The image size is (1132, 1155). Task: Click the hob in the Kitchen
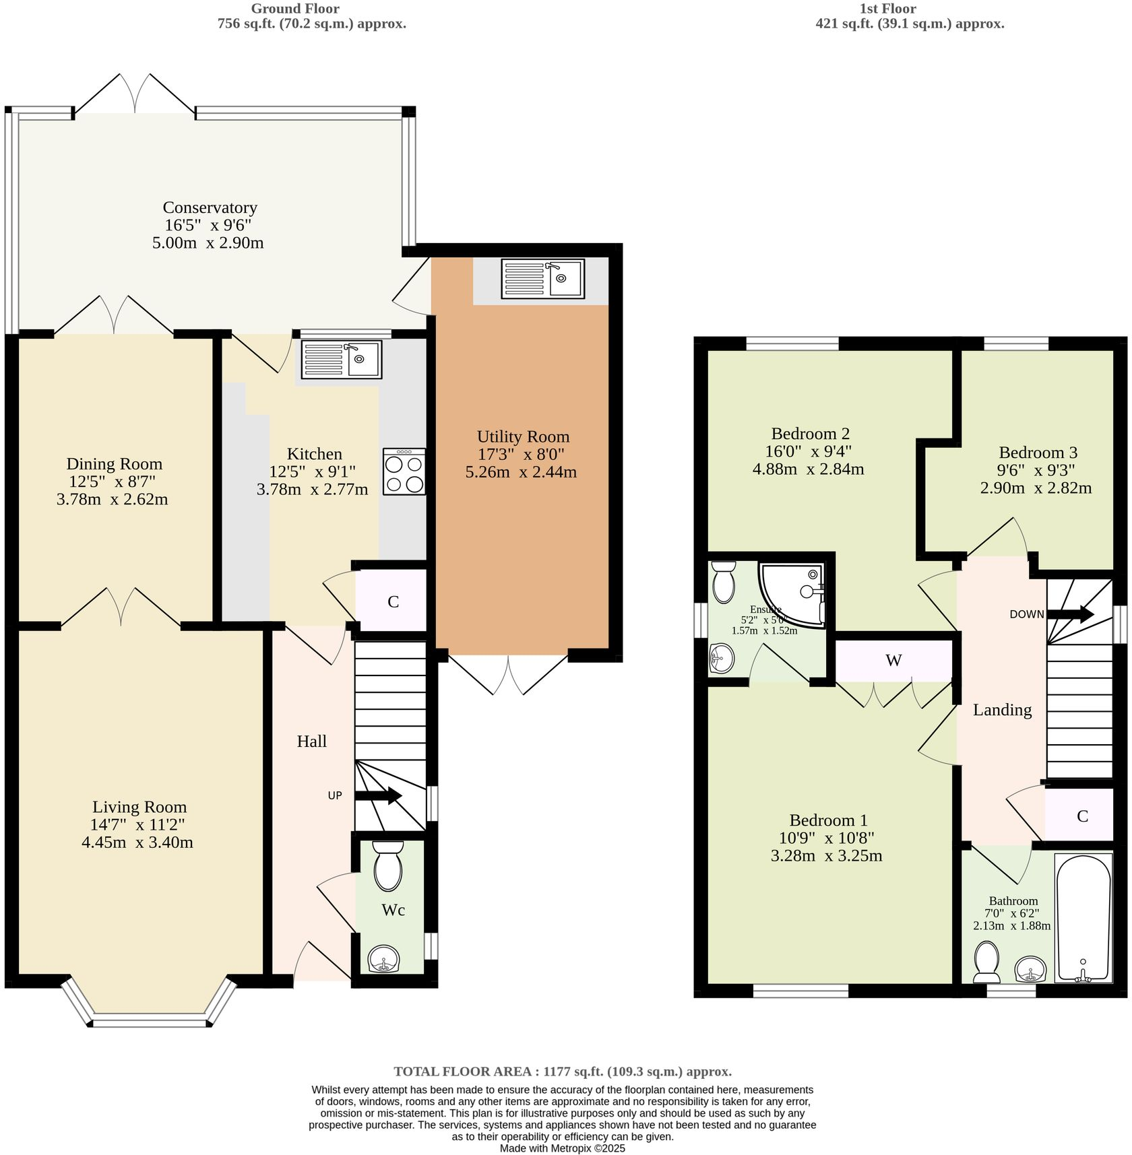404,471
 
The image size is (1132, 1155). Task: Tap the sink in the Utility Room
542,279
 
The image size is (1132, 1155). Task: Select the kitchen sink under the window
342,359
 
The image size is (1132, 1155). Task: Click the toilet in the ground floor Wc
387,866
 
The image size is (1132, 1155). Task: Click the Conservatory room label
210,207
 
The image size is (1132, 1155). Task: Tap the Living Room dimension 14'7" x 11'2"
137,824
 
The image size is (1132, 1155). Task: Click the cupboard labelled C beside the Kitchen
393,601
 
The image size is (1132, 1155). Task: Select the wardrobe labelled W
893,661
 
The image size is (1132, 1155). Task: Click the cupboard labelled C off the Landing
1082,816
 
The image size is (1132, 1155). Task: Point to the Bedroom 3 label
1038,453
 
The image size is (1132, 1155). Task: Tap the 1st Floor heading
887,9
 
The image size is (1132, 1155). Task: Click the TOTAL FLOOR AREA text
562,1071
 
